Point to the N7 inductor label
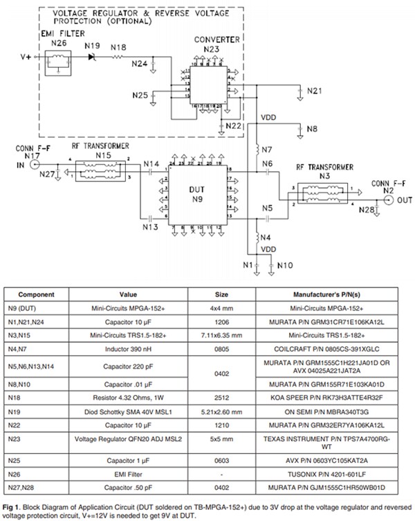pos(268,150)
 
